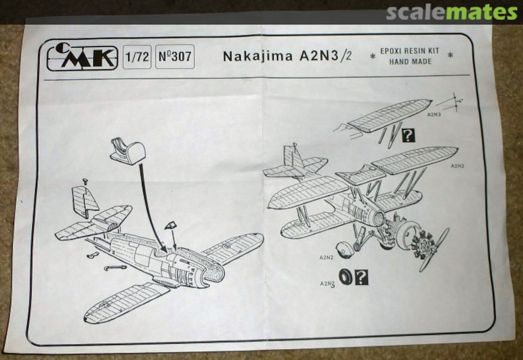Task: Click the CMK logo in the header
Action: pos(82,58)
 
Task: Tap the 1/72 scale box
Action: pos(137,57)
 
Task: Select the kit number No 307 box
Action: pos(175,57)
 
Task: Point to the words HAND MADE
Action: pos(410,62)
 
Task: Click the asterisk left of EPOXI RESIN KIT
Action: pos(372,57)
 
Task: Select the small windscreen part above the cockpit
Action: pos(170,226)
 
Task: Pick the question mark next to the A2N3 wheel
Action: pos(361,277)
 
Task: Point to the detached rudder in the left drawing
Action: pos(85,201)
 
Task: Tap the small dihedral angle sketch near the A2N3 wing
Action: pos(449,102)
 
